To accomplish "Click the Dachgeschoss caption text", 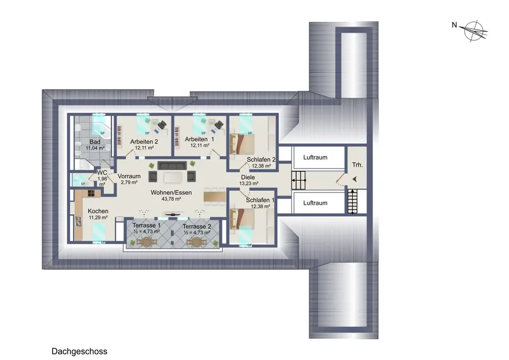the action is (x=79, y=351).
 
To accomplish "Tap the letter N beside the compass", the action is (x=455, y=24).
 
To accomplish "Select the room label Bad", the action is (x=95, y=142).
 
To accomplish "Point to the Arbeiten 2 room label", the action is (x=144, y=142).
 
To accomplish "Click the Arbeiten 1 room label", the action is (x=200, y=139).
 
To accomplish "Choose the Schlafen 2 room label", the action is (x=261, y=159).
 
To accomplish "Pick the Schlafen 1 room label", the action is (x=260, y=200).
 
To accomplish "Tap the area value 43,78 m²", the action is (x=171, y=199).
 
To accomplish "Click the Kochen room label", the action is (x=98, y=211).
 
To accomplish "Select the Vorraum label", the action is (x=129, y=176).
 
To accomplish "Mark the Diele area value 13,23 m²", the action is (x=249, y=183).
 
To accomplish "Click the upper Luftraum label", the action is (x=315, y=157).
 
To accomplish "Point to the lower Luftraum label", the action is (x=315, y=203).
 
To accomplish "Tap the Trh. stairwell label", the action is (x=357, y=165).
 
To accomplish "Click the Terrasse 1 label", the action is (x=147, y=225).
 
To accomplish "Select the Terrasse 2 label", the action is (x=196, y=226).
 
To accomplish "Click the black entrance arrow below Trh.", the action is (x=354, y=179).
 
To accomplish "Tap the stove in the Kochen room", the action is (x=91, y=193).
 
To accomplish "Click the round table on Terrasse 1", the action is (x=147, y=242).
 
